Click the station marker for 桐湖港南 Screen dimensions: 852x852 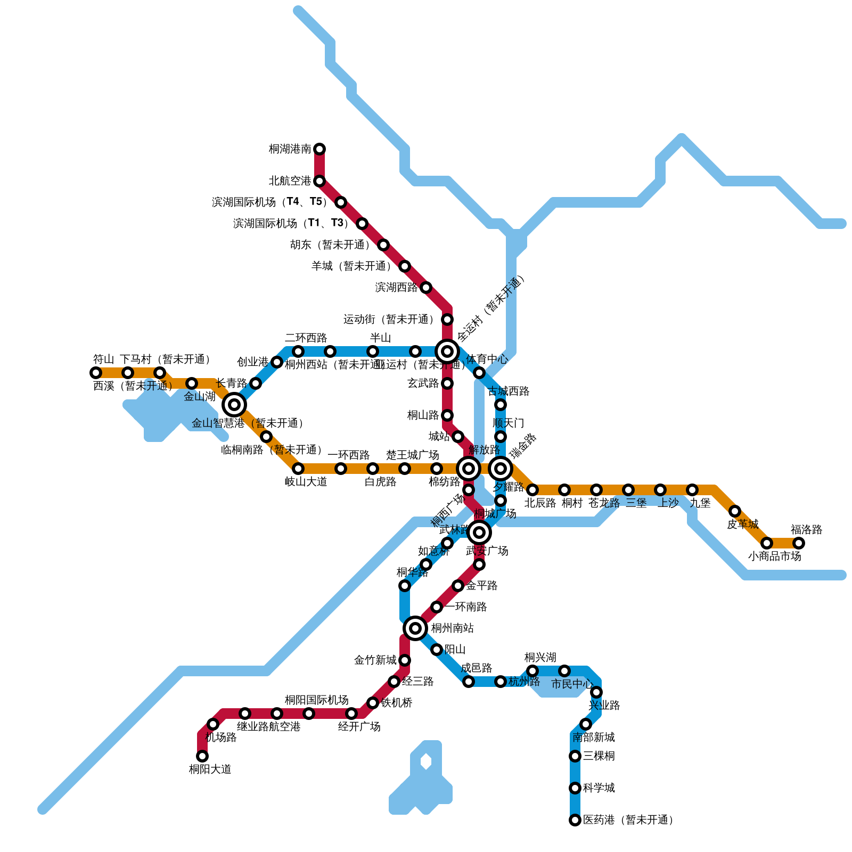click(x=319, y=149)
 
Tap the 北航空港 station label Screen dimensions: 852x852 click(x=290, y=181)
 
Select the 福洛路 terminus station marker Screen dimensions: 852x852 click(x=799, y=543)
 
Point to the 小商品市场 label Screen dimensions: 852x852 click(x=774, y=556)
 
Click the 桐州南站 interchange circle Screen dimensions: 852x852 click(x=415, y=628)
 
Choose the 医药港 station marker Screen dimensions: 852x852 click(x=575, y=820)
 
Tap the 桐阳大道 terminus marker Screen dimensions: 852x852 click(x=202, y=756)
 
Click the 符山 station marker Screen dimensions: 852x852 click(x=96, y=373)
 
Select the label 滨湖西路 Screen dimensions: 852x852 click(x=396, y=288)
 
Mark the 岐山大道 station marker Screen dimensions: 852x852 click(x=298, y=469)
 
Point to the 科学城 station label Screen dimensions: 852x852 click(x=599, y=788)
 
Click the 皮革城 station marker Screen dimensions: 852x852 click(x=735, y=511)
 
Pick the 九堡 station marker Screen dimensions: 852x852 click(x=692, y=490)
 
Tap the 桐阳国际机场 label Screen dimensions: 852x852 click(x=316, y=700)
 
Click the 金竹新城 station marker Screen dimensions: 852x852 click(x=405, y=660)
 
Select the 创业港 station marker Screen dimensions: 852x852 click(x=277, y=362)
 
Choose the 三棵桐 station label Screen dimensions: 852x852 click(x=599, y=756)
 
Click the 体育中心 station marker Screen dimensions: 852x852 click(x=479, y=373)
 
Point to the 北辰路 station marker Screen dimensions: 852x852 click(x=532, y=490)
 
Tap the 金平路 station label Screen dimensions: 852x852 click(x=481, y=586)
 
